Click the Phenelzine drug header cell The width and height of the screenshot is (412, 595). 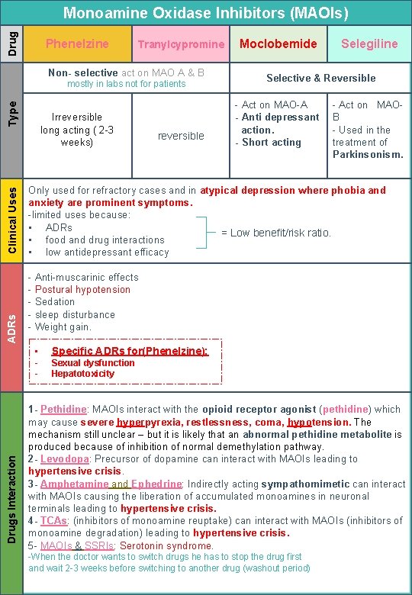click(77, 44)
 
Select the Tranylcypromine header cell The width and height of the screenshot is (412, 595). click(181, 44)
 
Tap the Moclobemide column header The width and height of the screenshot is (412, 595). click(278, 43)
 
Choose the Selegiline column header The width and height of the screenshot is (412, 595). click(369, 43)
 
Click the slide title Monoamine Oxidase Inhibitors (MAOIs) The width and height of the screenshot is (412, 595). click(205, 13)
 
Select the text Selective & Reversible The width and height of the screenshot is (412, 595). click(320, 78)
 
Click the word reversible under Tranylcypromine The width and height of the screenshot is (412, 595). click(181, 136)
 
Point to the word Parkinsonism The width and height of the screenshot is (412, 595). click(368, 154)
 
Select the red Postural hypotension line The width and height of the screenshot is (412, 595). click(82, 289)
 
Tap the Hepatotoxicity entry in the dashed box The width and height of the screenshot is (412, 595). click(82, 374)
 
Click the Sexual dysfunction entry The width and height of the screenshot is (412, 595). click(92, 363)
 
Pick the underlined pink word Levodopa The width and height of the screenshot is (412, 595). click(65, 459)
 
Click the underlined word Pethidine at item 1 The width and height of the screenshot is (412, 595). click(63, 410)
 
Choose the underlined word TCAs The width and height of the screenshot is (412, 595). click(53, 520)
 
